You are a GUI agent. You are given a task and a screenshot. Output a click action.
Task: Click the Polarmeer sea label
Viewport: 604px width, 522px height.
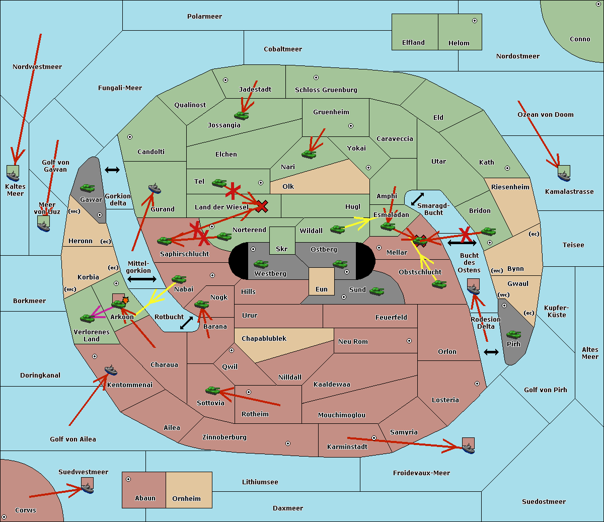point(204,17)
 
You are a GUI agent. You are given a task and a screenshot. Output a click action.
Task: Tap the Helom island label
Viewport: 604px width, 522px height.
point(459,43)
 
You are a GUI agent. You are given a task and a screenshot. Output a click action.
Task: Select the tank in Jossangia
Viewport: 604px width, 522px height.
point(242,115)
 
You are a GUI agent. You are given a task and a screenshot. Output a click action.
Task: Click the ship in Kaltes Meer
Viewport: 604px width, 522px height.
point(13,175)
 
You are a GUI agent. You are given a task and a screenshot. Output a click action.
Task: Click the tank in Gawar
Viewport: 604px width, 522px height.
point(88,188)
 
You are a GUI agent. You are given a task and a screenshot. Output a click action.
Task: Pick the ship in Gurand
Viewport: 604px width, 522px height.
point(155,189)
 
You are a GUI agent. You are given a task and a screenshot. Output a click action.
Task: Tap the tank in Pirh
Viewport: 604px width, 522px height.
point(513,335)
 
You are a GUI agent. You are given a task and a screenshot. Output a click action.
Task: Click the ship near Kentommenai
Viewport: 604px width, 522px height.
point(111,370)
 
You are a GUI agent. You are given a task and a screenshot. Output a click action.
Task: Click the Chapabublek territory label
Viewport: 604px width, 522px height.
point(264,339)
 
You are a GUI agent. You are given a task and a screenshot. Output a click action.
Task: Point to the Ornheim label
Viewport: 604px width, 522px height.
point(186,499)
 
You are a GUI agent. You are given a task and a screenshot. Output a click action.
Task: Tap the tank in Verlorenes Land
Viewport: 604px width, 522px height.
point(88,318)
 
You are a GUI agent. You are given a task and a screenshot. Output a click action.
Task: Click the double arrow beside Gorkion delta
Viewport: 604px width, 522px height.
point(112,170)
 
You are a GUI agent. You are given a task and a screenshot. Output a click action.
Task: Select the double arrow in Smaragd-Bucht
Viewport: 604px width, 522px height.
point(418,199)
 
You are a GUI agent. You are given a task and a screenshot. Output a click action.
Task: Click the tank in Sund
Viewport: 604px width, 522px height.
point(377,291)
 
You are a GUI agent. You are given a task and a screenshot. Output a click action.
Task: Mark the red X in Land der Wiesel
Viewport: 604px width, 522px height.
point(262,205)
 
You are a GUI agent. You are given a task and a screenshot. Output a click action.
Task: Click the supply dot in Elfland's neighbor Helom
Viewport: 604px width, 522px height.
point(474,21)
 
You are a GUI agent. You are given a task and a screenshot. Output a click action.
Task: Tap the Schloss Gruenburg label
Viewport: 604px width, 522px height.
point(326,90)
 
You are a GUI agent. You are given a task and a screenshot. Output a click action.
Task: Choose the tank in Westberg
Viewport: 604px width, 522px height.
point(261,264)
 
